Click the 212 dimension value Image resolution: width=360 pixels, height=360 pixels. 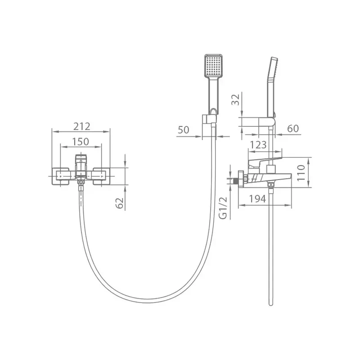pyautogui.click(x=82, y=126)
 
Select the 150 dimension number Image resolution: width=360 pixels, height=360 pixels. pyautogui.click(x=81, y=142)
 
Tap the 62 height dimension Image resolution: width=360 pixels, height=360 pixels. pyautogui.click(x=120, y=203)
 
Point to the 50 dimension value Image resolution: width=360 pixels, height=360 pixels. pyautogui.click(x=184, y=130)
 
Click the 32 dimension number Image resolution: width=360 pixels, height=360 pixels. pyautogui.click(x=235, y=99)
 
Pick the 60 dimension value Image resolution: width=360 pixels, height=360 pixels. pyautogui.click(x=293, y=129)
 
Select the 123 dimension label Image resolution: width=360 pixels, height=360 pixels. pyautogui.click(x=258, y=145)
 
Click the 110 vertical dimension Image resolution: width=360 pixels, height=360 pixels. pyautogui.click(x=301, y=173)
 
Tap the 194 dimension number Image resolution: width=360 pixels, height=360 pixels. pyautogui.click(x=257, y=199)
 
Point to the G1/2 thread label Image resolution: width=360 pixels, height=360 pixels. pyautogui.click(x=223, y=208)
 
